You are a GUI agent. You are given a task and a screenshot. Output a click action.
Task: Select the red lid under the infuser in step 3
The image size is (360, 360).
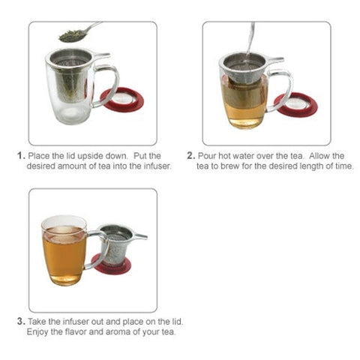(x=116, y=265)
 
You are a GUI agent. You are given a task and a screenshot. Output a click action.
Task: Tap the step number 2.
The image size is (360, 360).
(x=190, y=156)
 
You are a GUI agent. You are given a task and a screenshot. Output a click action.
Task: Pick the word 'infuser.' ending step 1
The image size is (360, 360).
(x=155, y=166)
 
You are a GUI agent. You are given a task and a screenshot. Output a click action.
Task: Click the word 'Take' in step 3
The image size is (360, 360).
(x=37, y=322)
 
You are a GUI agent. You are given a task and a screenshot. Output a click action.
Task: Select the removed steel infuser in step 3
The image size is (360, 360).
(x=118, y=241)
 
